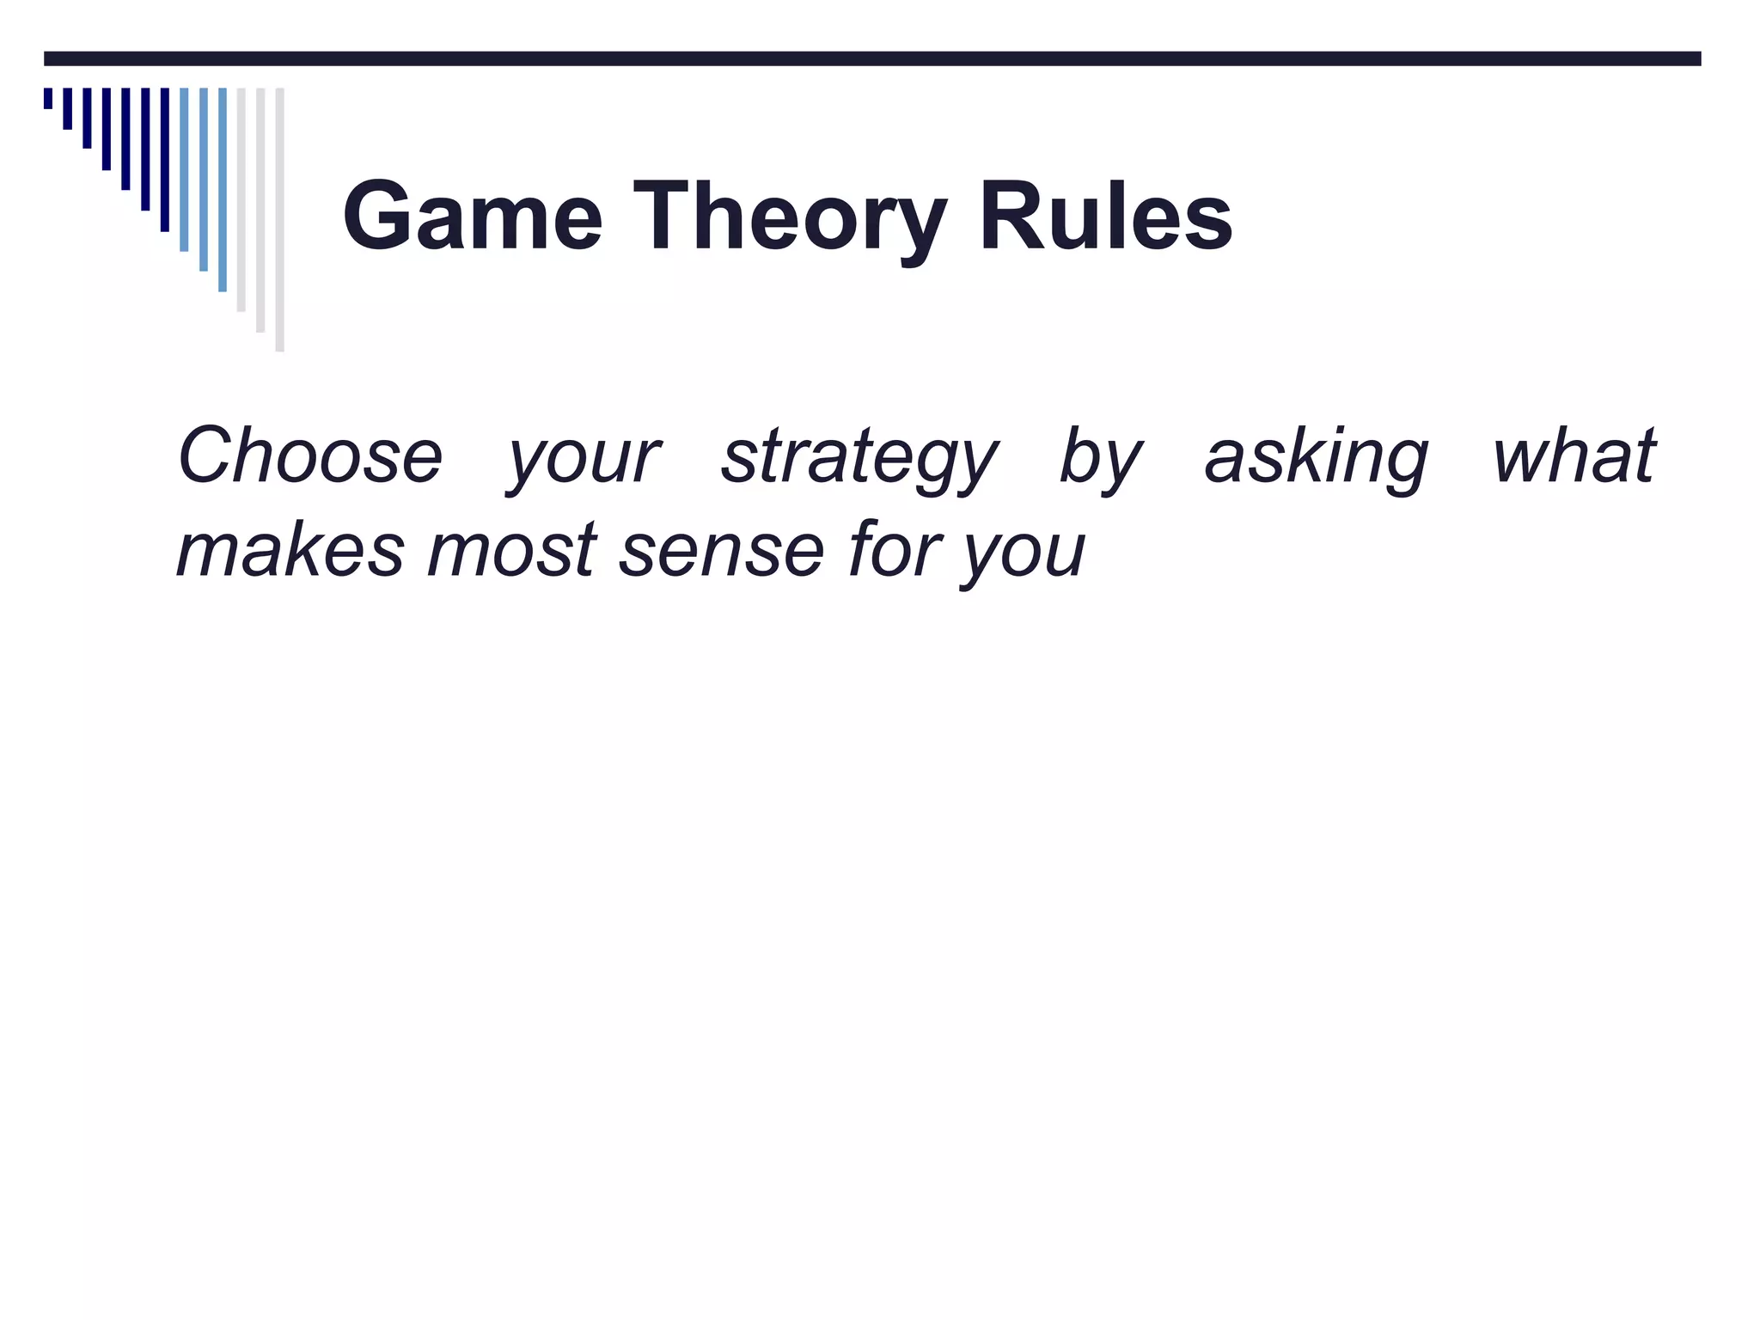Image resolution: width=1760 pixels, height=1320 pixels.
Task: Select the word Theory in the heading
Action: coord(790,217)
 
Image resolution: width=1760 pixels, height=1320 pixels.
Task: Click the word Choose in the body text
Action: coord(309,455)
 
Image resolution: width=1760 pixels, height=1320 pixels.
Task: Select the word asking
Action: coord(1316,457)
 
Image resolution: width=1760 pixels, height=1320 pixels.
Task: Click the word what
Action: coord(1574,455)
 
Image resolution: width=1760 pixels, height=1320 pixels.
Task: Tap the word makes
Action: coord(290,550)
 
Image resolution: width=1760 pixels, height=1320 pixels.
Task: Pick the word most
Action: coord(512,550)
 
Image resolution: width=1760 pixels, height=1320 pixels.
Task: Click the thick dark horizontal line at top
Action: coord(872,58)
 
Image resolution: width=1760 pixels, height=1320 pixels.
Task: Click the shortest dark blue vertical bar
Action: coord(48,98)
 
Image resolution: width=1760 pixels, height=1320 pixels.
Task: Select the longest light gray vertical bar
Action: coord(279,219)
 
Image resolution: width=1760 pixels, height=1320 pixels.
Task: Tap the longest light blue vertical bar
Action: coord(223,189)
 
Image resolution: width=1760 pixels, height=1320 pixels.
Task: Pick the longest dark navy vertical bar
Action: coord(165,159)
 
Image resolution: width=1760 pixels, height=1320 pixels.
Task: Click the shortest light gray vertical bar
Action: coord(241,199)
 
